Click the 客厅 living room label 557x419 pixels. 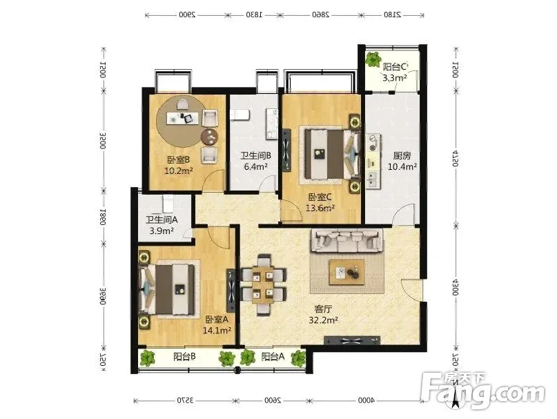pyautogui.click(x=323, y=309)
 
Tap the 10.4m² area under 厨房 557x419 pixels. pyautogui.click(x=402, y=166)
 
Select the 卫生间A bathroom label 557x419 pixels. pyautogui.click(x=162, y=220)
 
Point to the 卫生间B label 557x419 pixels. pyautogui.click(x=256, y=156)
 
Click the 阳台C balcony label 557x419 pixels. pyautogui.click(x=395, y=67)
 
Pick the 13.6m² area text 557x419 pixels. pyautogui.click(x=320, y=208)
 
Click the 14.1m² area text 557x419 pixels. pyautogui.click(x=217, y=331)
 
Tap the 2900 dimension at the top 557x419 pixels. pyautogui.click(x=187, y=15)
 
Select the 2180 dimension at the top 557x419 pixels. pyautogui.click(x=392, y=15)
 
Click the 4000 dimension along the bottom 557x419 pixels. pyautogui.click(x=367, y=400)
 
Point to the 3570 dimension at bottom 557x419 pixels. pyautogui.click(x=186, y=400)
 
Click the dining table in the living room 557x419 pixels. pyautogui.click(x=262, y=285)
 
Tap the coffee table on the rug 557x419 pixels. pyautogui.click(x=346, y=272)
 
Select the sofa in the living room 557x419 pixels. pyautogui.click(x=347, y=241)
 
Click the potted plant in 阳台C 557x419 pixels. pyautogui.click(x=373, y=59)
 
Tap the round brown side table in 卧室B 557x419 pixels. pyautogui.click(x=210, y=137)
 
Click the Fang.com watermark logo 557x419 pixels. pyautogui.click(x=482, y=390)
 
